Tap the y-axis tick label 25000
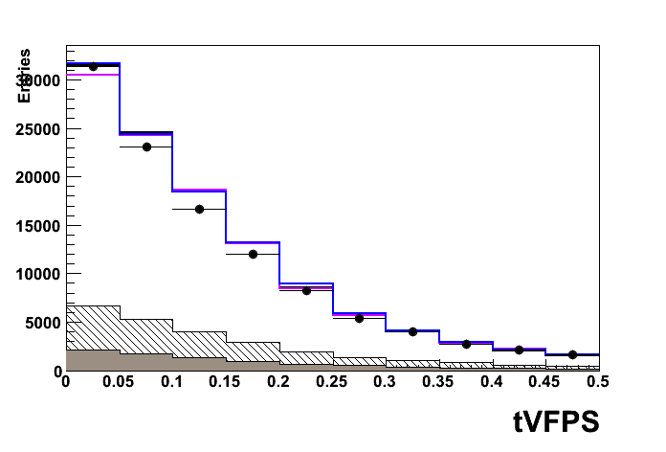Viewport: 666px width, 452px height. tap(39, 129)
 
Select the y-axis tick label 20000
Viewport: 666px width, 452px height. tap(39, 177)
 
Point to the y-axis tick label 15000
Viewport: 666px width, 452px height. tap(39, 226)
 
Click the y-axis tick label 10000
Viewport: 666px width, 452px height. tap(39, 274)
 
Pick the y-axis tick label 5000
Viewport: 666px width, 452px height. tap(43, 323)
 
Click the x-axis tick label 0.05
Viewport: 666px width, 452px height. tap(119, 381)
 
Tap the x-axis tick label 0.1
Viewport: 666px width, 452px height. tap(172, 381)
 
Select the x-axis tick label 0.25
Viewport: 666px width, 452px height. tap(332, 381)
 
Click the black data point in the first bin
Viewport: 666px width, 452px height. tap(93, 67)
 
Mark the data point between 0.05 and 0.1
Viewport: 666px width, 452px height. tap(146, 147)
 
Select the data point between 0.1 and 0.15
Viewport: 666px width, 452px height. tap(199, 209)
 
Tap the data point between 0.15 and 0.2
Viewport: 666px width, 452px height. tap(253, 254)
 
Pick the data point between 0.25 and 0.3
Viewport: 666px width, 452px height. tap(360, 318)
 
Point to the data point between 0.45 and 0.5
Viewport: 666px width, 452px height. tap(572, 354)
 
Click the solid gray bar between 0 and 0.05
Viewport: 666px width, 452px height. tap(93, 360)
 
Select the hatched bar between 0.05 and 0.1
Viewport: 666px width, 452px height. tap(146, 336)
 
